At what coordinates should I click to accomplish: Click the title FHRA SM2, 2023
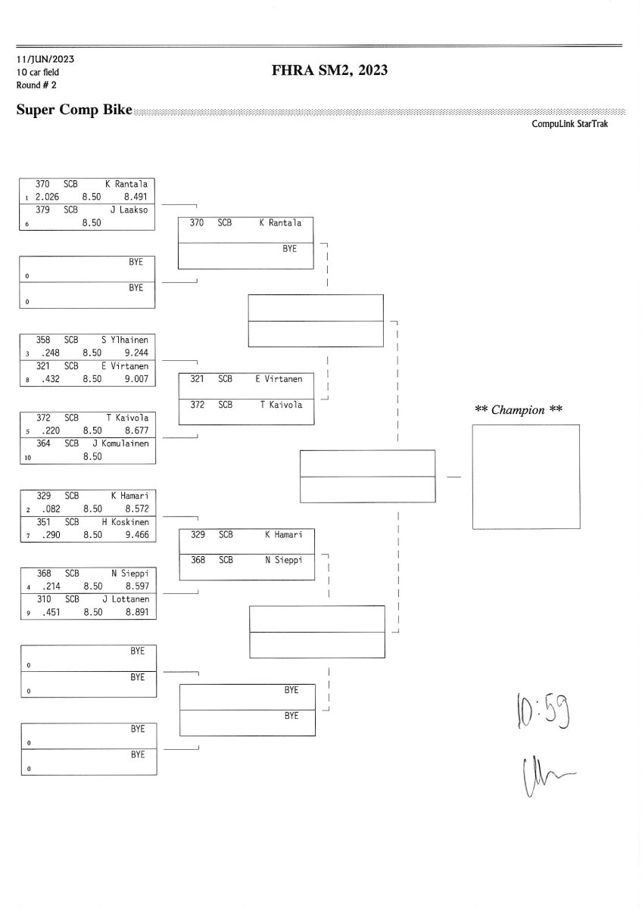(329, 70)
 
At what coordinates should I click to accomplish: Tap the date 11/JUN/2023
(45, 59)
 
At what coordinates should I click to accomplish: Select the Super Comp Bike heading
(74, 110)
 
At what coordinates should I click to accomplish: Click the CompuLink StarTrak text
(570, 124)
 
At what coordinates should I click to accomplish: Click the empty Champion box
(525, 477)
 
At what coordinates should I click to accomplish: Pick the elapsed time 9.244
(136, 353)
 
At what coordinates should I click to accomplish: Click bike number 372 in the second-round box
(197, 405)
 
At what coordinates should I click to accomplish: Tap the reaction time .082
(52, 509)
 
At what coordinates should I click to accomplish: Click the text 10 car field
(38, 72)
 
